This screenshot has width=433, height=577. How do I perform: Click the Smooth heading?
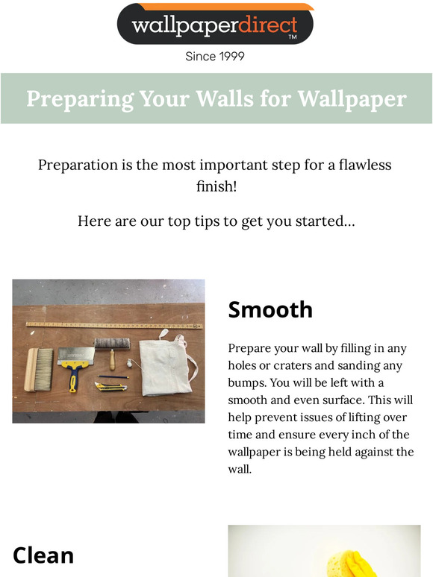point(270,309)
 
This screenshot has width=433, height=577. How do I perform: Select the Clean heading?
point(43,555)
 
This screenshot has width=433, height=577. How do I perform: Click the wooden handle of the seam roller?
point(112,361)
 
